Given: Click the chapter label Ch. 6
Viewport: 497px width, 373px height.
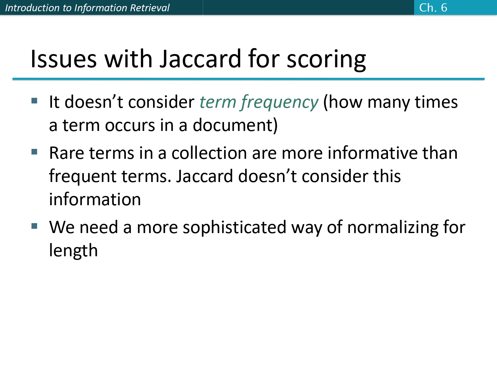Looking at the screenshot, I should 433,7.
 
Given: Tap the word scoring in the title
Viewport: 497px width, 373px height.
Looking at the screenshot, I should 326,60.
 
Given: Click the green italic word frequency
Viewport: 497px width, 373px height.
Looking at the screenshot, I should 280,102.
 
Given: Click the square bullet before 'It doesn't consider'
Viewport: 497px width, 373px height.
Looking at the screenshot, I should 34,100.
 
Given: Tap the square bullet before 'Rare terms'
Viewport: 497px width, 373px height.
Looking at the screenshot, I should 34,152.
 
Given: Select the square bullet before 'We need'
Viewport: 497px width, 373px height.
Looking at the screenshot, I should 34,226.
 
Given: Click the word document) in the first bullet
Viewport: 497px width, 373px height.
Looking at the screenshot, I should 235,125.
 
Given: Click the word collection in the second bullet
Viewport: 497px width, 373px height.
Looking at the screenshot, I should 209,153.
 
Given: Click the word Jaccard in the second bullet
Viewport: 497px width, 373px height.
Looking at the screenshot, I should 205,176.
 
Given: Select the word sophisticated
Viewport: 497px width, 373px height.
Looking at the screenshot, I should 234,228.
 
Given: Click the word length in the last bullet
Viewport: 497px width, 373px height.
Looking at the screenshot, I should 73,251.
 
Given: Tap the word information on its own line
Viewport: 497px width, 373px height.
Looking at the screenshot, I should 95,200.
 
